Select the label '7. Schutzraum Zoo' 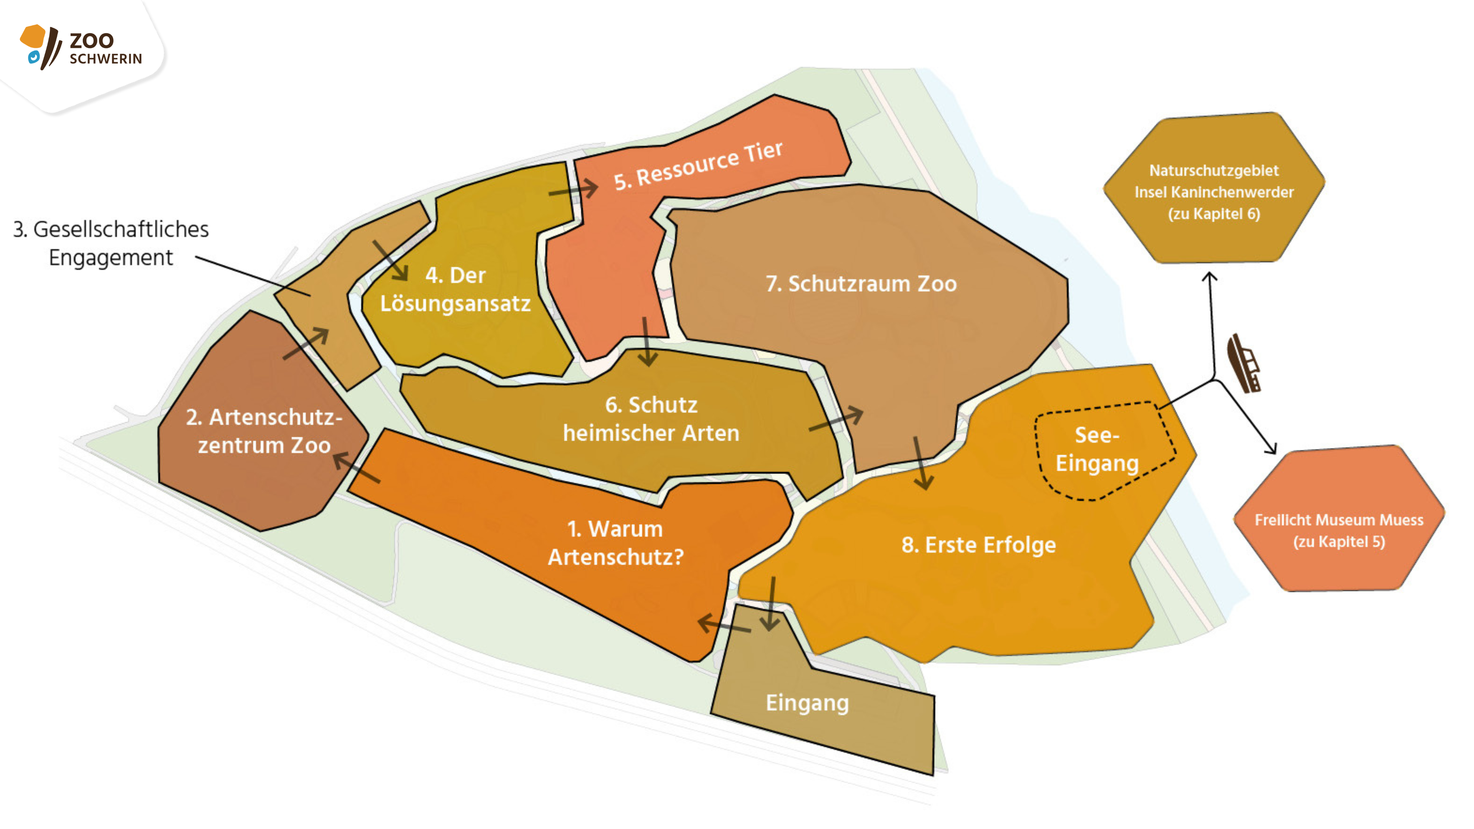coord(861,284)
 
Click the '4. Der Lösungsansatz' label coord(456,289)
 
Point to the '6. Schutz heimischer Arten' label coord(651,419)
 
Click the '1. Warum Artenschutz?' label coord(616,542)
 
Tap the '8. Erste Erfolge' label coord(978,545)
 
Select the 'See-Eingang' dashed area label coord(1097,449)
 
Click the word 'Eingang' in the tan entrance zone coord(807,703)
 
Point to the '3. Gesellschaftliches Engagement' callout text coord(111,243)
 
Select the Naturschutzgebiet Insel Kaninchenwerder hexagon coord(1214,189)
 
